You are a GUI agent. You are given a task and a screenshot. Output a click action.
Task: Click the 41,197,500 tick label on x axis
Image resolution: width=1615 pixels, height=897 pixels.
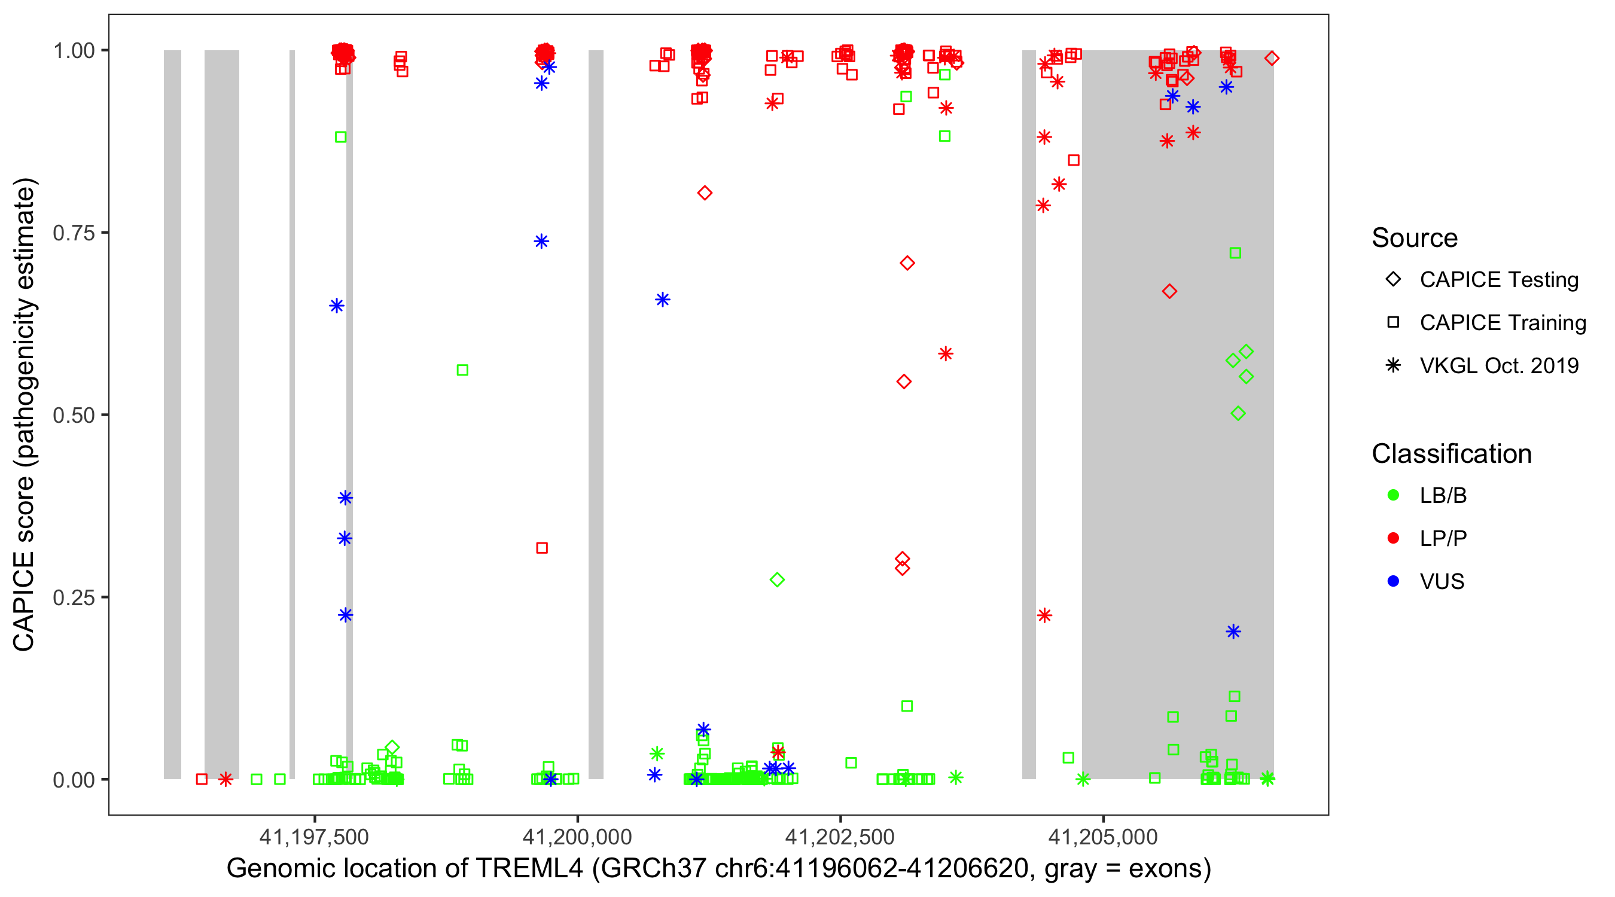[314, 837]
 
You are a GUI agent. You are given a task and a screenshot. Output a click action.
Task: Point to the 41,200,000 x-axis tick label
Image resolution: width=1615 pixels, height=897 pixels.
[577, 837]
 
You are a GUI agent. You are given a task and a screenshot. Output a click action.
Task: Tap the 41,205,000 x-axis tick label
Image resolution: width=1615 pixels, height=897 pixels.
[1103, 837]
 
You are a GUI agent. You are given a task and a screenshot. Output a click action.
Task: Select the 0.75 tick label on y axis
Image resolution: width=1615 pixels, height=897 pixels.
[73, 233]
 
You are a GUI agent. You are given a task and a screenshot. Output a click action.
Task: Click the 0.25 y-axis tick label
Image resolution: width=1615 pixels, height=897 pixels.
[73, 597]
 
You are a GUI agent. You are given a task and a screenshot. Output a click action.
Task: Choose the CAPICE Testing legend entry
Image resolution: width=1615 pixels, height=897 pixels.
[1498, 280]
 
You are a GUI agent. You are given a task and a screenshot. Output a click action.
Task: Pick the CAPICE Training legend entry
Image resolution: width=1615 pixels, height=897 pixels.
[1502, 323]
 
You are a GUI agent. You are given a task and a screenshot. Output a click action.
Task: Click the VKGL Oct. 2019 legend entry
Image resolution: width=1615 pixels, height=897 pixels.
[1498, 365]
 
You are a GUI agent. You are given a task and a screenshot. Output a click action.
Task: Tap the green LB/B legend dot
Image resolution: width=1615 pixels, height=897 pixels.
[1393, 495]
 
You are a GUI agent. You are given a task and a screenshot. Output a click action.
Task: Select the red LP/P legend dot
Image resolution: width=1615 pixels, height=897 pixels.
[1393, 538]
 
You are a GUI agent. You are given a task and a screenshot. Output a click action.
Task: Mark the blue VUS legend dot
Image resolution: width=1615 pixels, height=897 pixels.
[1393, 581]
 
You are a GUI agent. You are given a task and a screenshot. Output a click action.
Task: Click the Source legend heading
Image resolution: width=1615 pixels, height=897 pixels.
[1415, 238]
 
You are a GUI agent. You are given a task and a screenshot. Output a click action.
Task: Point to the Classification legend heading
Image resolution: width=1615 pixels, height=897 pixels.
[1451, 454]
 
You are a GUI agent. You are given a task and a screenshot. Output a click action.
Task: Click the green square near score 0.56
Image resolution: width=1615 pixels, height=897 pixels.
[462, 370]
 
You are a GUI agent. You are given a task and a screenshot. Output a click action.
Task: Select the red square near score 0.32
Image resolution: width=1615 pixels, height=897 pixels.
[542, 548]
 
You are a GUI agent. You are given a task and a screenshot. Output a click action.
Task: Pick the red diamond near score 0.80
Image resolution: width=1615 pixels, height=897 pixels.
[704, 193]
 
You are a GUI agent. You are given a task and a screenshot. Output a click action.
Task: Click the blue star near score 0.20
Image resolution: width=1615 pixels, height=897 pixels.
[1233, 631]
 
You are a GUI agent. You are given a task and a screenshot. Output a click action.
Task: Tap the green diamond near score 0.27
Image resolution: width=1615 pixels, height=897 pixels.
[777, 580]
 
